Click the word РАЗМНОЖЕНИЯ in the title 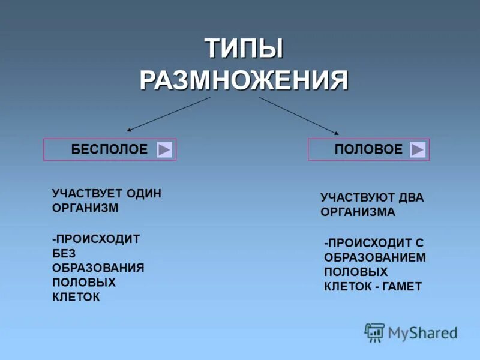coord(244,80)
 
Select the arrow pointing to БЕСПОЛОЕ coord(168,114)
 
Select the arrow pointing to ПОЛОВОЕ coord(299,115)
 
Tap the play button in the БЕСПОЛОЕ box coord(164,150)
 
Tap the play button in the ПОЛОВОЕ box coord(418,150)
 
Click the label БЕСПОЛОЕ coord(109,150)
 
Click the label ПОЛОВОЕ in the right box coord(368,150)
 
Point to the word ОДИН coord(144,193)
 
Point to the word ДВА coord(410,197)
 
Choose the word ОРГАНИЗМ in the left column coord(85,208)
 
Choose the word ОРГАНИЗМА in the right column coord(358,212)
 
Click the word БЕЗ coord(64,253)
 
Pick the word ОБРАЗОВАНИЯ coord(98,268)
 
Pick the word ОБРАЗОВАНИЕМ coord(375,257)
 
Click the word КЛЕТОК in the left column coord(76,296)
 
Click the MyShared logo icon coord(374,332)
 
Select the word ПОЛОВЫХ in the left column coord(84,282)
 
